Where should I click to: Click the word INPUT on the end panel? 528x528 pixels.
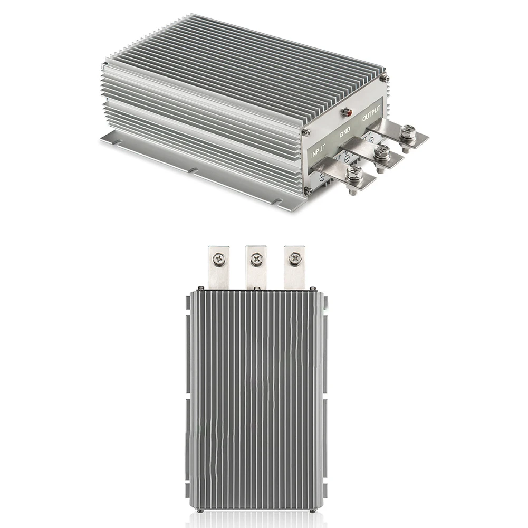[x=318, y=151]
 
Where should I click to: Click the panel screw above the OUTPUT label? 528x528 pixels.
[x=385, y=78]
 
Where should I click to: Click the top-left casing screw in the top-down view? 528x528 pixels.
[x=200, y=288]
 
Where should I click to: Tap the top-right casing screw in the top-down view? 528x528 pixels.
[x=313, y=289]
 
